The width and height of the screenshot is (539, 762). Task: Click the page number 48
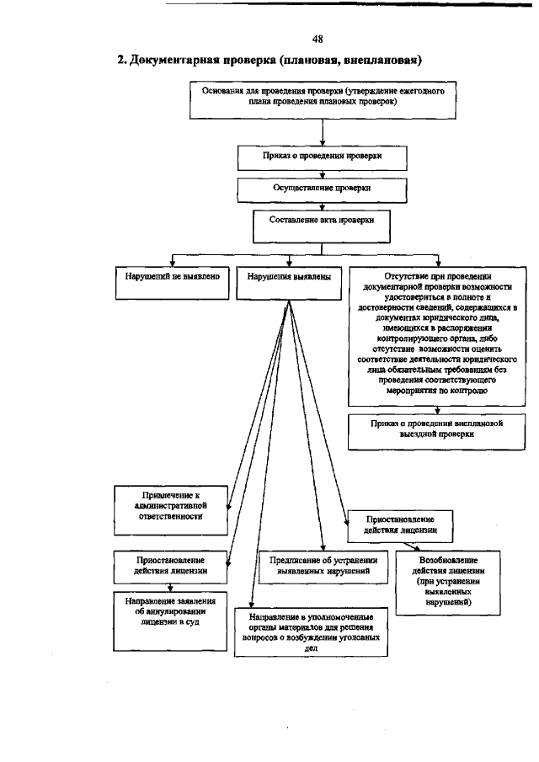point(318,39)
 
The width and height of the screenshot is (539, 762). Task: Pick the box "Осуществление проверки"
point(323,189)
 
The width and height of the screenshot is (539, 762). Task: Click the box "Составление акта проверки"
point(323,223)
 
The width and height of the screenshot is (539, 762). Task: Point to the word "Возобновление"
point(448,560)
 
